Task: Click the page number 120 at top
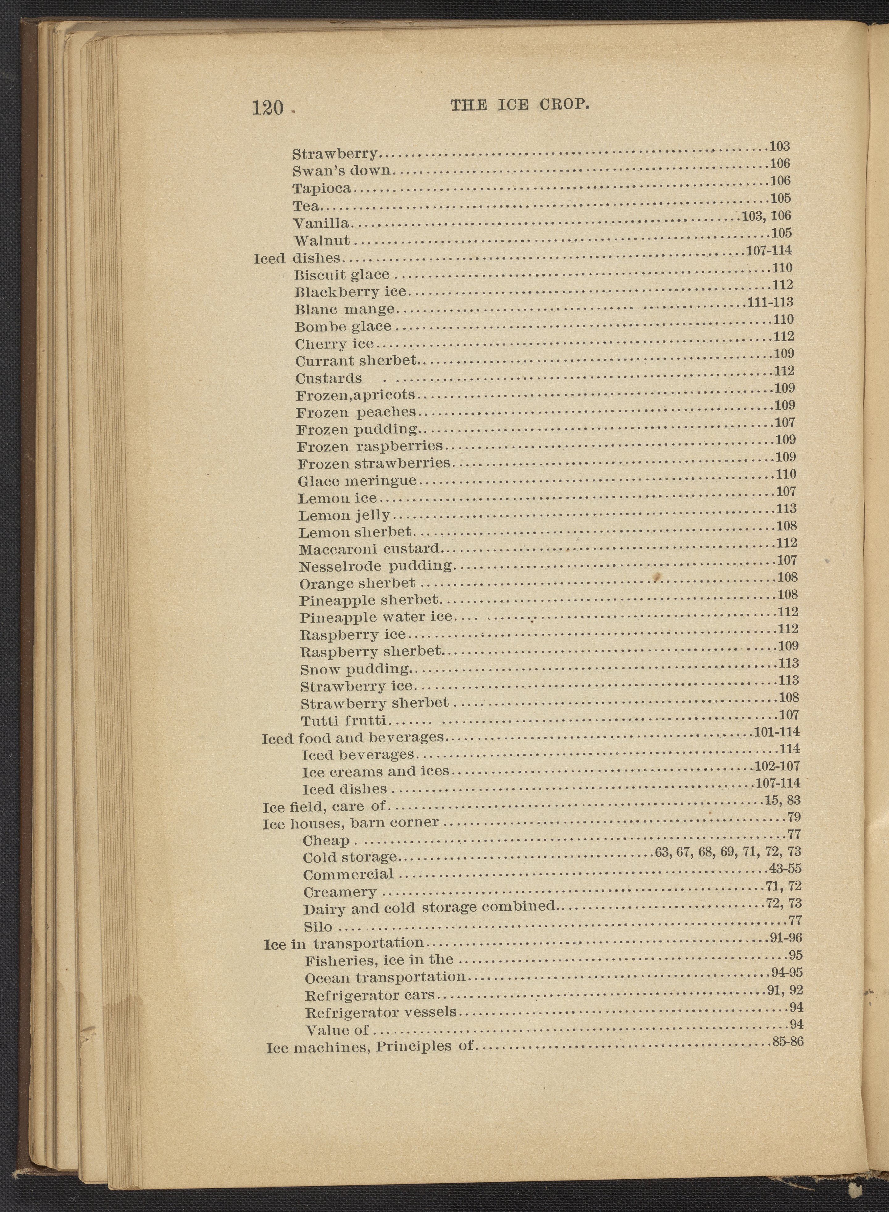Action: click(267, 108)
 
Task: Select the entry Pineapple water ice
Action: click(376, 617)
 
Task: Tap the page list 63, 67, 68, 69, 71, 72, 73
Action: click(728, 852)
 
